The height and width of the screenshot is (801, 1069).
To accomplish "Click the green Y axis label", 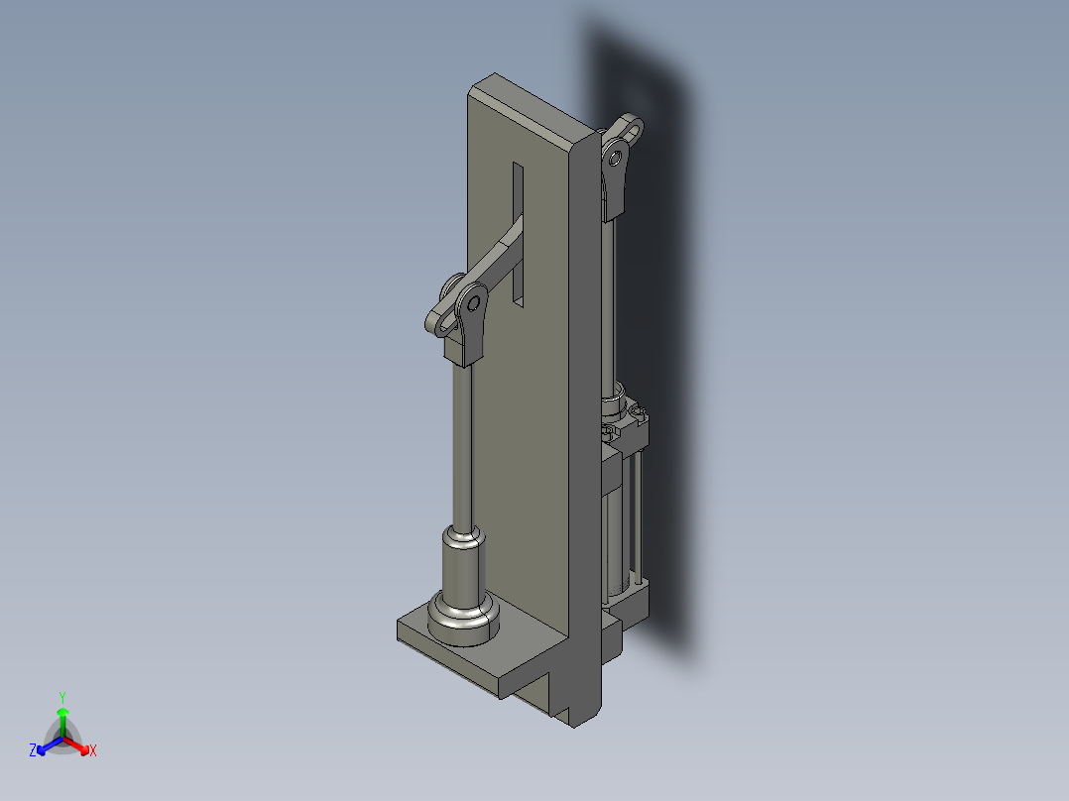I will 62,696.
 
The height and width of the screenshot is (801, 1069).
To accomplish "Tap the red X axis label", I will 92,751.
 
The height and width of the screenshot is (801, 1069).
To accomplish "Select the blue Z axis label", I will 33,751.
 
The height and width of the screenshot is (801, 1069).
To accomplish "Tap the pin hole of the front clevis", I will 474,302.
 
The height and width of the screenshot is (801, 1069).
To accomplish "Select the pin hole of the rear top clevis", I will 617,157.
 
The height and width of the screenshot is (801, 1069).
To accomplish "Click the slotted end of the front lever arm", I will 441,319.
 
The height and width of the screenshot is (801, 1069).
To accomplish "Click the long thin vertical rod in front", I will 463,446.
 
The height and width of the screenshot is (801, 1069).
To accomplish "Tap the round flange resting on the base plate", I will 461,620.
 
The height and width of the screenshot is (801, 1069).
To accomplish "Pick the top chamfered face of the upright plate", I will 531,109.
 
